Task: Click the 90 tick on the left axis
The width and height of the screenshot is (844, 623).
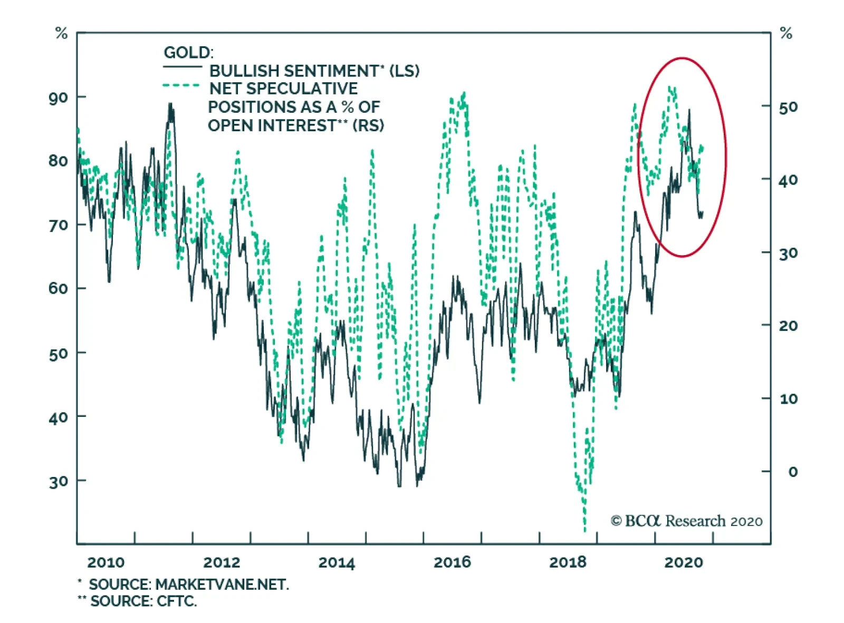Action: tap(58, 98)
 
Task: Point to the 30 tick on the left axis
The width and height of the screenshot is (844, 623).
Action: tap(58, 481)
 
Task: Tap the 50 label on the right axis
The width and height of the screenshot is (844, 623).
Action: tap(788, 108)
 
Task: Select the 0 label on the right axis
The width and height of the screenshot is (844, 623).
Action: tap(792, 472)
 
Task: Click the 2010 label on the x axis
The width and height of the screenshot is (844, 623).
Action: tap(105, 562)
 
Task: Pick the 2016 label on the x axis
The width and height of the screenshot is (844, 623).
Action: tap(452, 562)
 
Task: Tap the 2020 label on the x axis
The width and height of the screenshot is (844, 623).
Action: tap(683, 562)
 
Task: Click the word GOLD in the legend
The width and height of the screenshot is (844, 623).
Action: tap(188, 53)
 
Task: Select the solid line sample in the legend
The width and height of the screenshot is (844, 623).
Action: tap(182, 67)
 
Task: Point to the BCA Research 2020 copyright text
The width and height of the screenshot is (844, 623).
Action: tap(686, 521)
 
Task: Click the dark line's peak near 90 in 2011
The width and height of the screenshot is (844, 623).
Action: tap(170, 105)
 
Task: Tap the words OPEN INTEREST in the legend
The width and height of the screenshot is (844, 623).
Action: tap(272, 125)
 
